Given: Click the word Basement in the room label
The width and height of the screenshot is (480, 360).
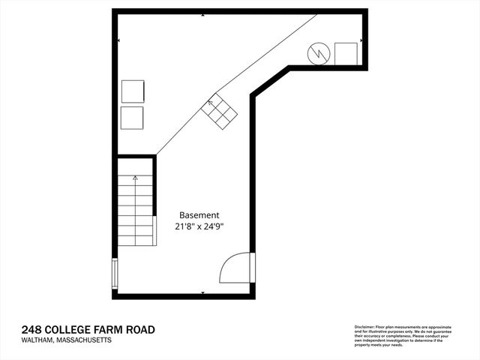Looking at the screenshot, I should pos(198,214).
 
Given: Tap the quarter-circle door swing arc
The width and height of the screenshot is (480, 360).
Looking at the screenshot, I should pos(234,268).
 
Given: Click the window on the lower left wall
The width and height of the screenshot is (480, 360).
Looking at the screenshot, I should pos(115,273).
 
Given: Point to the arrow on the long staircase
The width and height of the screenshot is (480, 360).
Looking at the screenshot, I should pos(135,178).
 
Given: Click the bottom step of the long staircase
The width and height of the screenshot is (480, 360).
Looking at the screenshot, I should pos(135,241).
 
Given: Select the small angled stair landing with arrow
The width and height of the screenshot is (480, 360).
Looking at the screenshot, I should pos(219,112).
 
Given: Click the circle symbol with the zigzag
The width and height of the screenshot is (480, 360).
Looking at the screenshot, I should pos(319,53).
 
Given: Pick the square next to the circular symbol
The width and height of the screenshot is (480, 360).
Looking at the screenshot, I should pos(346,54).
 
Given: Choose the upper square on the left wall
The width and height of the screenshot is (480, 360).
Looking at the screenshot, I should pos(132,91).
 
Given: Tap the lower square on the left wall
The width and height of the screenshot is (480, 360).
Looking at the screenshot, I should pos(132,118).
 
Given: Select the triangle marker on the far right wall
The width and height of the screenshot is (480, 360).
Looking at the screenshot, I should pos(362,40).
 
